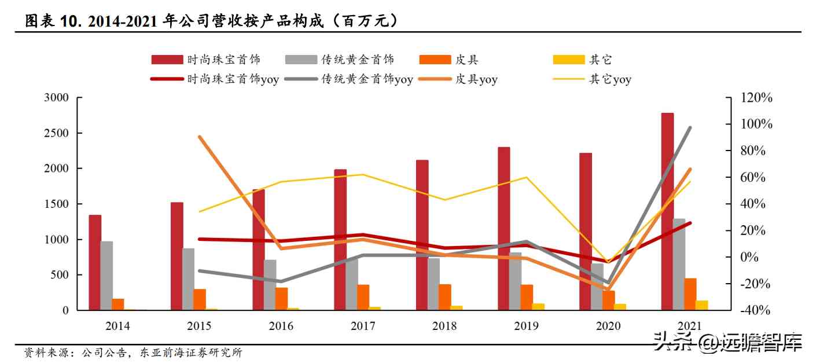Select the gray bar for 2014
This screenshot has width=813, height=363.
tap(106, 276)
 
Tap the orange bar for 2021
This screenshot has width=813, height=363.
tap(690, 294)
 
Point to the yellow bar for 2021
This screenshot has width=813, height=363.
tap(702, 305)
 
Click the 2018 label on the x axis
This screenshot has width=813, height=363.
tap(444, 326)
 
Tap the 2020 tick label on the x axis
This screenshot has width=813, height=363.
tap(608, 326)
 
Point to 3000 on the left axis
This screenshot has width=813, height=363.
tap(56, 98)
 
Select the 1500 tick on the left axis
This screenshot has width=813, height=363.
tap(56, 204)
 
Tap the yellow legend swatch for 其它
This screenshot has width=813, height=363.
tap(568, 60)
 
